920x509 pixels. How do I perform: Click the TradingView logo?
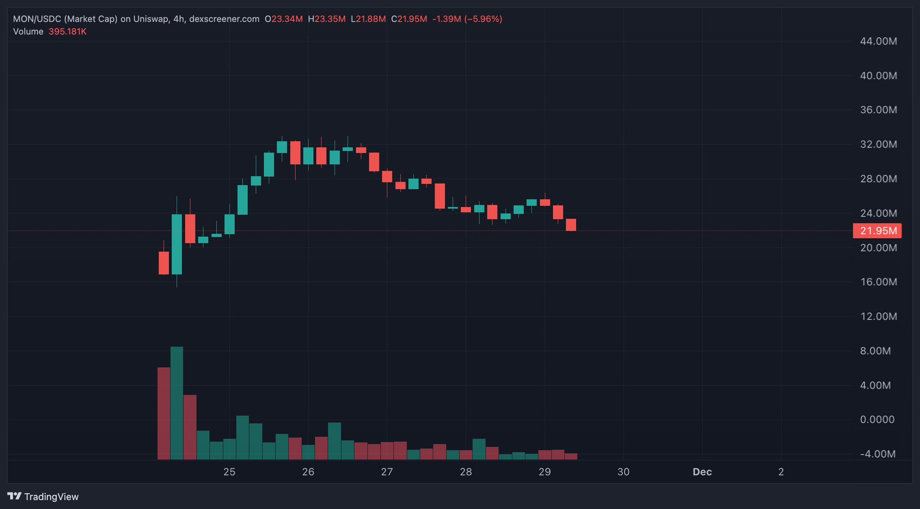coord(43,496)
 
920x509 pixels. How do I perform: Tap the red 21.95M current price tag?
coord(877,231)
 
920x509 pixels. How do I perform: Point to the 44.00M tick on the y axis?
coord(878,41)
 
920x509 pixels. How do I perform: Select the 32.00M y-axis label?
coord(878,144)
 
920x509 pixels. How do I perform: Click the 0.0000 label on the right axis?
coord(877,420)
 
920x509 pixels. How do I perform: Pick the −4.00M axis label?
coord(877,454)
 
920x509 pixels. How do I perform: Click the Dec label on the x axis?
coord(702,472)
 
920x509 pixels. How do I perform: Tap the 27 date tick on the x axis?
coord(387,472)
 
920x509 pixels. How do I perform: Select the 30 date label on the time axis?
coord(623,472)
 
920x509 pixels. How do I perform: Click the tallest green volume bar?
coord(177,403)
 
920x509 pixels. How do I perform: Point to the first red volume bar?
coord(164,413)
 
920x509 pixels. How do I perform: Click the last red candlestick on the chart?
coord(571,225)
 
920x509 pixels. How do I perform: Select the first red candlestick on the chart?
coord(164,263)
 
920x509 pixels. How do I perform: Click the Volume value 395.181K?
coord(67,31)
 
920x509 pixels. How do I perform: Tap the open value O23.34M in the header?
coord(284,19)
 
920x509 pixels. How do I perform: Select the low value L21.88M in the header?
coord(368,19)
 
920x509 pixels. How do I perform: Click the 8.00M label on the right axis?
coord(875,351)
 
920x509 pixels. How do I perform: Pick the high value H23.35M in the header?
coord(327,19)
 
